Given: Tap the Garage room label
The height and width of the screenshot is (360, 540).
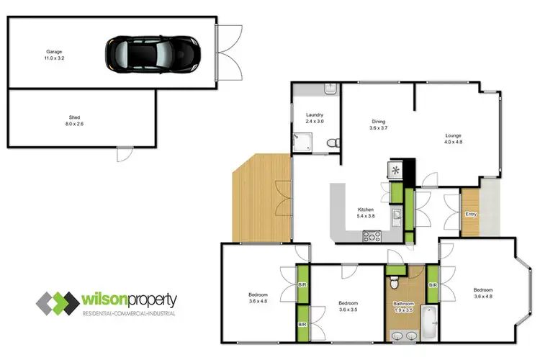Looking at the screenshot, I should (x=53, y=52).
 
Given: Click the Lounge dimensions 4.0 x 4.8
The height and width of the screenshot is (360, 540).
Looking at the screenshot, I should (x=453, y=142).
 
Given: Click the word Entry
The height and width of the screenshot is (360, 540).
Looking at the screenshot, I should (x=471, y=214).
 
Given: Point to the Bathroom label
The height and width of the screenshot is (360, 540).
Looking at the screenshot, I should (x=403, y=303).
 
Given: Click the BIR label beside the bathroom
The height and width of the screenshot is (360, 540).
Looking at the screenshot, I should (x=433, y=286).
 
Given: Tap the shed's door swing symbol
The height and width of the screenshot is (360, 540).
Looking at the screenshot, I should (x=124, y=154).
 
